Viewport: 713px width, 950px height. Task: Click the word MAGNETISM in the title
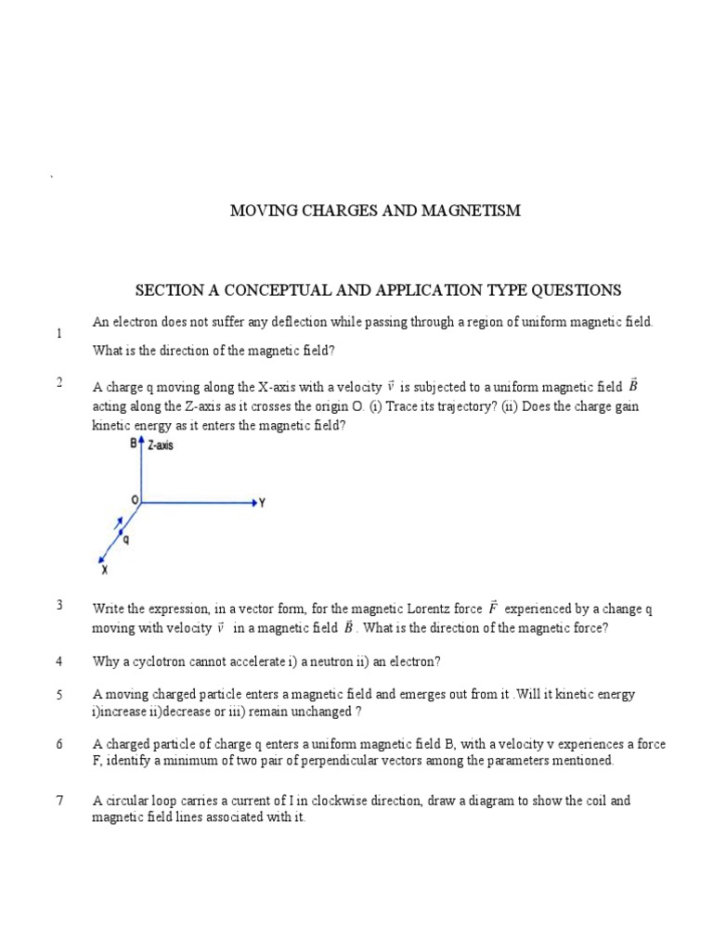click(468, 212)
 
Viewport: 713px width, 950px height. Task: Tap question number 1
click(59, 333)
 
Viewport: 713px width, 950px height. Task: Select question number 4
click(59, 661)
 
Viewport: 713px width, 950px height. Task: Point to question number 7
click(59, 801)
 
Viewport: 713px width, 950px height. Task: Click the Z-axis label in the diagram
click(161, 445)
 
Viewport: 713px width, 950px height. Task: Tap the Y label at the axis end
click(263, 503)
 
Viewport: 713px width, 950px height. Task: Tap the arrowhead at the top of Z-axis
click(141, 443)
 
